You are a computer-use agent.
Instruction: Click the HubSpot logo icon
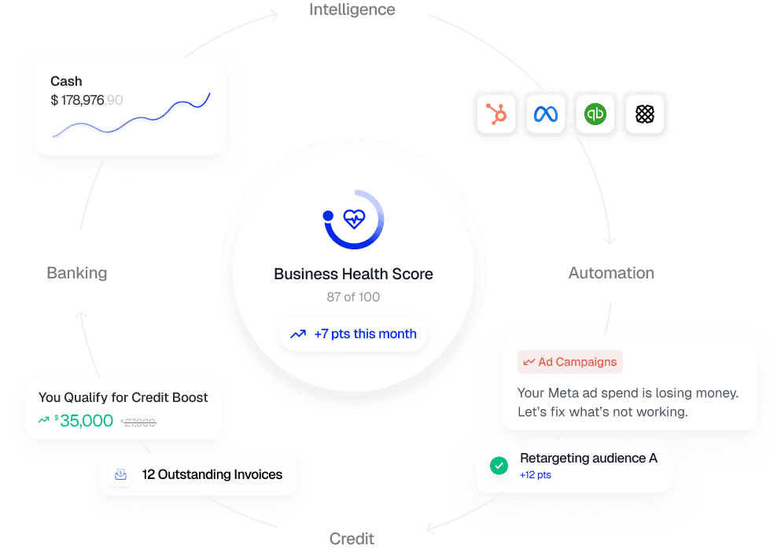point(497,115)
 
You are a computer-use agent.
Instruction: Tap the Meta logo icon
point(546,115)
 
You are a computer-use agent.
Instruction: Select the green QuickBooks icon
point(595,115)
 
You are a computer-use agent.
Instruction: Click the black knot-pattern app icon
point(644,115)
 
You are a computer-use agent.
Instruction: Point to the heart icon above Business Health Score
point(355,219)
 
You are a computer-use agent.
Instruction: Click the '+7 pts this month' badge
point(353,334)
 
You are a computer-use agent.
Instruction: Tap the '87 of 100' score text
point(353,297)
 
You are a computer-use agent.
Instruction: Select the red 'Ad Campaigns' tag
point(570,362)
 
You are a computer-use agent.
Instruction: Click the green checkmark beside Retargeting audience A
point(499,466)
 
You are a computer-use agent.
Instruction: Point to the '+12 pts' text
point(536,475)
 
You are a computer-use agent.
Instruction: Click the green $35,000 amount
point(85,421)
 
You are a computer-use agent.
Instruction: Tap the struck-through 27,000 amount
point(139,422)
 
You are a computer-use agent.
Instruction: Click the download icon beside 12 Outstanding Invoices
point(120,474)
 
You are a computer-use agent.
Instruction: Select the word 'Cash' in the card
point(66,81)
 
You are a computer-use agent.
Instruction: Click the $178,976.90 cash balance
point(87,100)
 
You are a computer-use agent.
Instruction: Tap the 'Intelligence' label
point(352,10)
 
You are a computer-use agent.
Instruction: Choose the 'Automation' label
point(611,273)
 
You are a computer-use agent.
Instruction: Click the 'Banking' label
point(77,273)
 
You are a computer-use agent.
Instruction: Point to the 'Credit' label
point(352,539)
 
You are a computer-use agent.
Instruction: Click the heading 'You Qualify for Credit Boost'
point(123,397)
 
